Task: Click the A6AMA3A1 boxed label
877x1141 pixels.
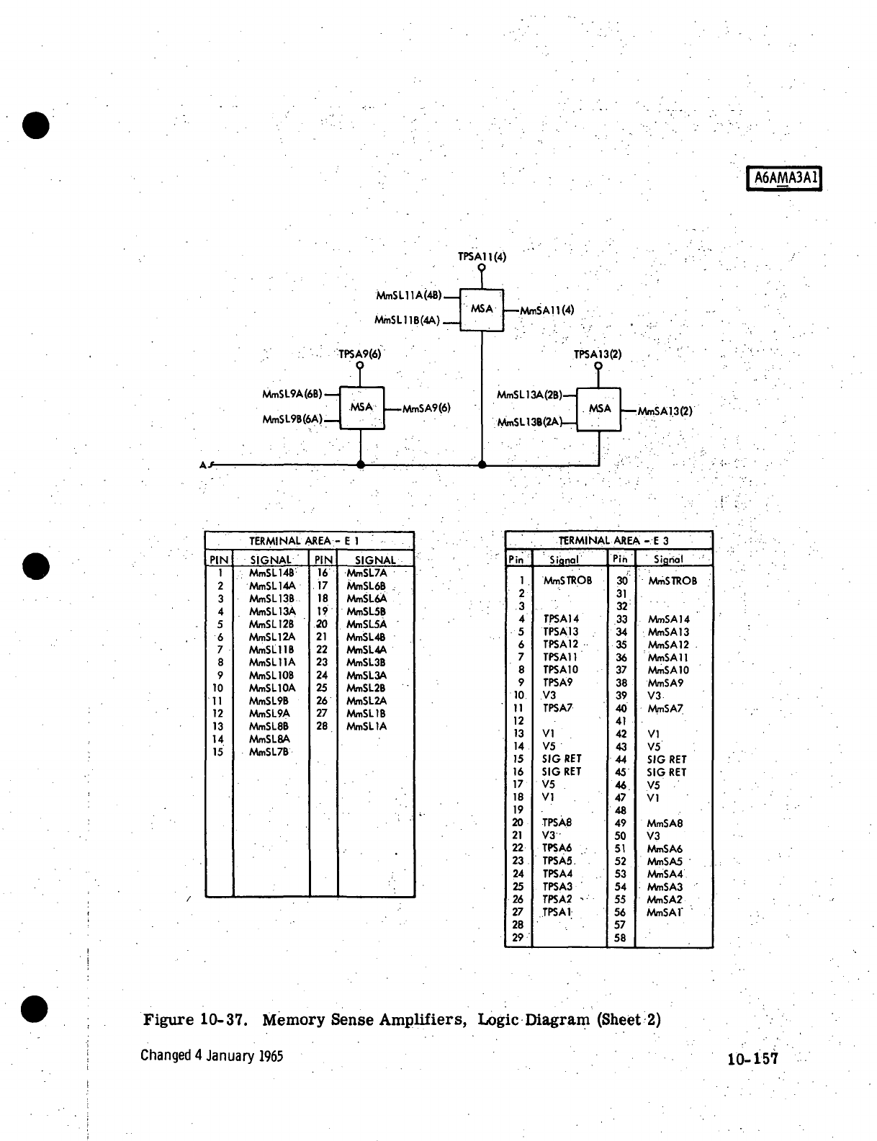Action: [x=785, y=178]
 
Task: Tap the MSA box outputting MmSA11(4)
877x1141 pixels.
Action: [x=482, y=309]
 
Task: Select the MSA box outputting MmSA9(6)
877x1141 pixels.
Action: [x=361, y=408]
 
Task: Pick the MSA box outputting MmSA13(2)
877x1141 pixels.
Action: [x=599, y=409]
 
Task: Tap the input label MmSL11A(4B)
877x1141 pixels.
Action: [x=409, y=295]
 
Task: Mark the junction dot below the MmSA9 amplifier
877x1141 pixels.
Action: [x=361, y=465]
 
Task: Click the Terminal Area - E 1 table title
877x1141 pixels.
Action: [x=304, y=540]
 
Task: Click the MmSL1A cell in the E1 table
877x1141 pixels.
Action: [x=366, y=727]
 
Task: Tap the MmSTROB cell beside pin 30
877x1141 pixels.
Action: [x=673, y=581]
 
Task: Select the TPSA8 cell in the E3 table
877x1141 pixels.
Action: [x=557, y=823]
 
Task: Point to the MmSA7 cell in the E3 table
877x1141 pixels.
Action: [x=665, y=709]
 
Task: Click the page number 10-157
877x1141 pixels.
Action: [x=752, y=1059]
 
